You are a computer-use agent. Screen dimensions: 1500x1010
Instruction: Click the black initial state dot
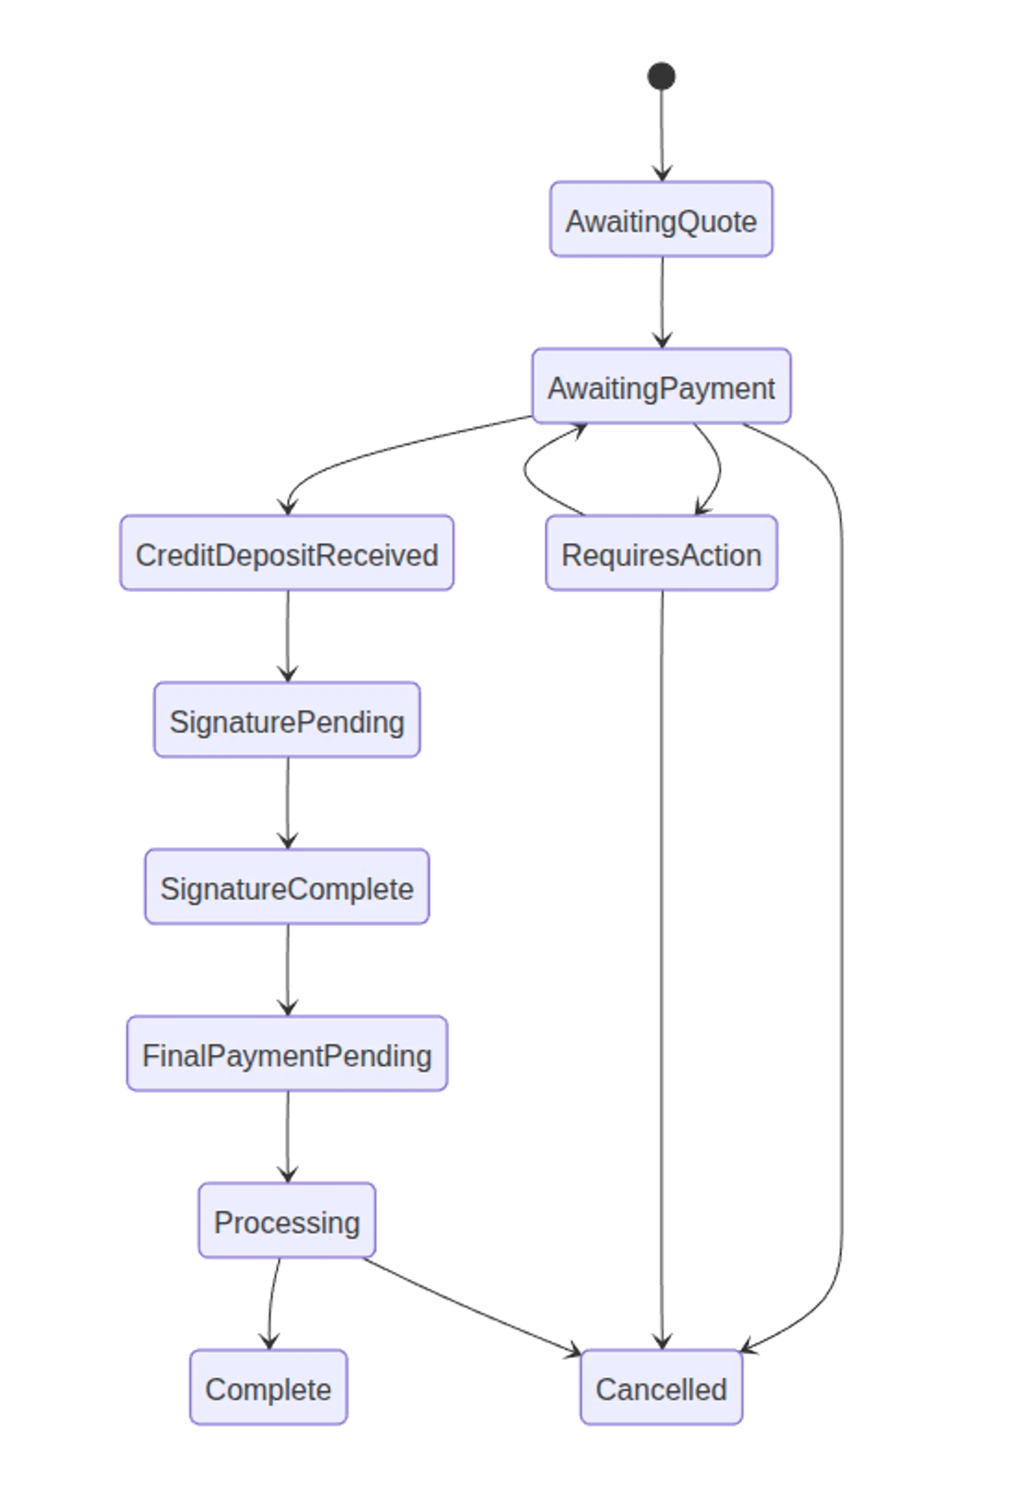[661, 76]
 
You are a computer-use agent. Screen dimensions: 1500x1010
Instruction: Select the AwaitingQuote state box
[661, 219]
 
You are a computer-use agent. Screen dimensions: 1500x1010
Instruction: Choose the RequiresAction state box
[661, 553]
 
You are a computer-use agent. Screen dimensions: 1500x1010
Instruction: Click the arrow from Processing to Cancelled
[470, 1308]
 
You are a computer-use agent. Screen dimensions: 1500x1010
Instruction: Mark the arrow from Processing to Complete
[272, 1302]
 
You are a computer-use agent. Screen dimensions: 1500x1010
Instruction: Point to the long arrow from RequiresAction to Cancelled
[661, 967]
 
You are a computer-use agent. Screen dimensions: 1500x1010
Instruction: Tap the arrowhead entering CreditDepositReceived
[288, 508]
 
